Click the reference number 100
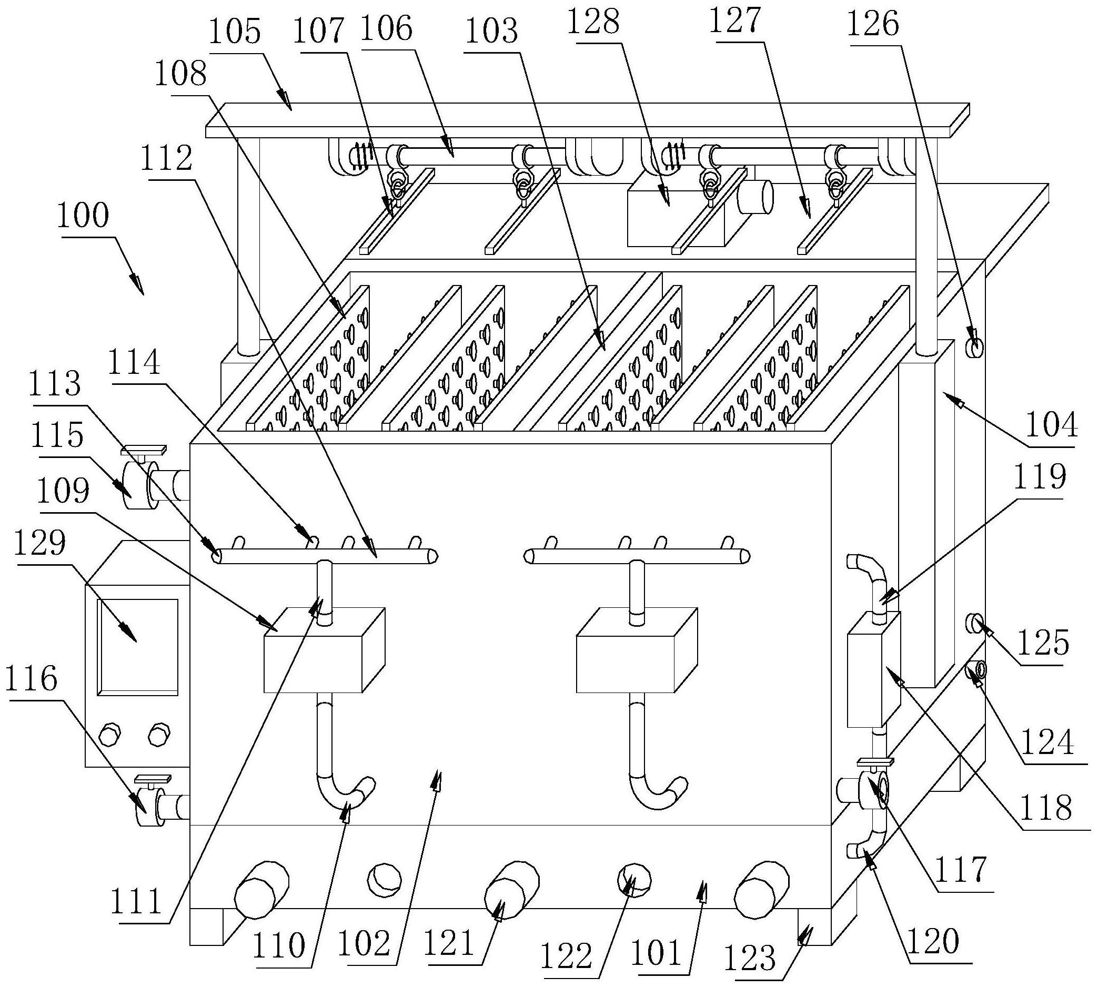[83, 217]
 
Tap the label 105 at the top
[235, 32]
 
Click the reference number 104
[1051, 425]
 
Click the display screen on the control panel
[137, 647]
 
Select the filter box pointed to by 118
[873, 669]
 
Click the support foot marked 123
[814, 928]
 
